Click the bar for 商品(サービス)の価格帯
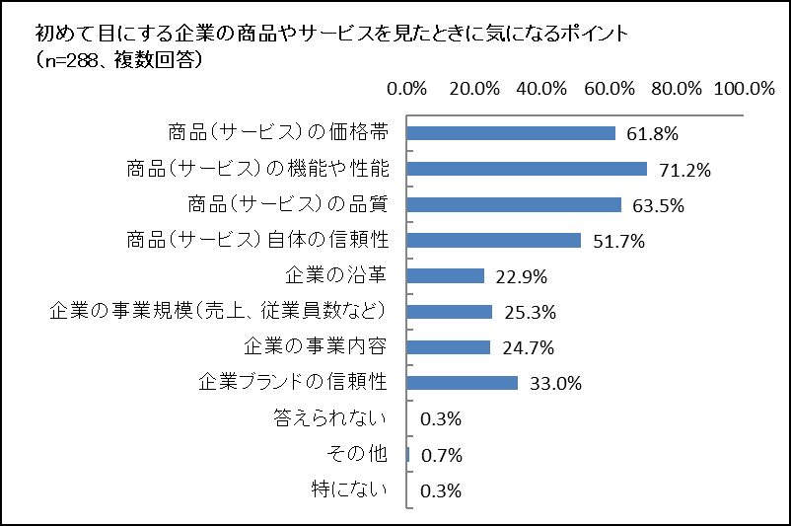click(x=511, y=133)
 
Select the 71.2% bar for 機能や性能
click(x=527, y=169)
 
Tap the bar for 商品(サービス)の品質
click(x=514, y=204)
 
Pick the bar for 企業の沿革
click(x=446, y=275)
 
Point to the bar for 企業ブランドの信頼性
click(x=463, y=383)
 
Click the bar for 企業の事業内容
click(x=449, y=347)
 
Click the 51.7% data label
click(x=618, y=241)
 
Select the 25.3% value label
click(x=530, y=313)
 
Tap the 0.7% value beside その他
click(x=441, y=455)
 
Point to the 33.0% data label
click(x=555, y=384)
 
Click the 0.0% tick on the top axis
click(x=407, y=88)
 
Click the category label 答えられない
click(x=330, y=418)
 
